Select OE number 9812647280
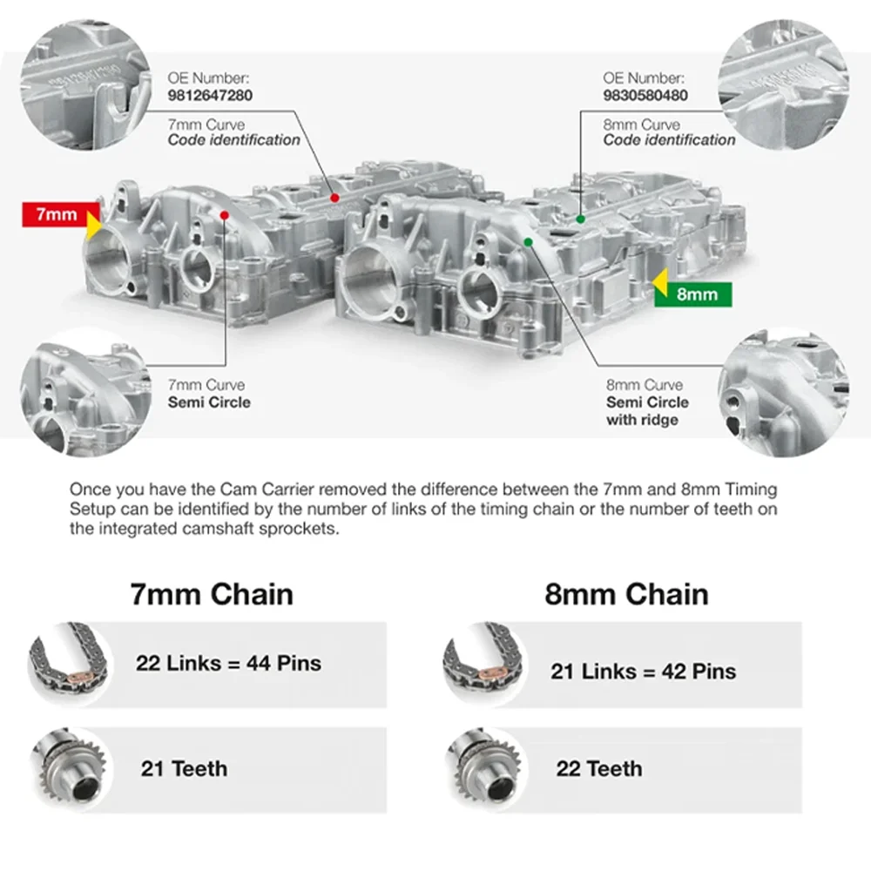210,96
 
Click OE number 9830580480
645,96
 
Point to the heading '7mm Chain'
212,594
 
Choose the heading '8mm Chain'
626,594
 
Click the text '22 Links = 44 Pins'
228,663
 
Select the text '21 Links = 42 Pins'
644,671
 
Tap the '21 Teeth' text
184,769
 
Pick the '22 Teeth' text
599,769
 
